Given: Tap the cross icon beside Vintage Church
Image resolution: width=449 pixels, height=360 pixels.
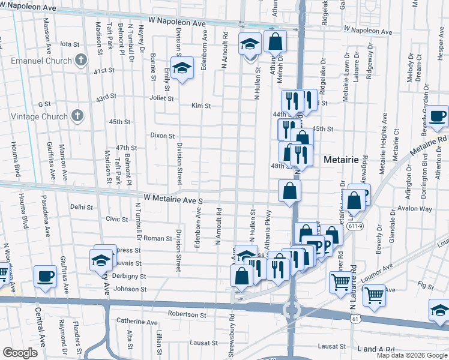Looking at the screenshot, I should pos(76,115).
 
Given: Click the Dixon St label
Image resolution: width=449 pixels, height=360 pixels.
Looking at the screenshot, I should pos(162,136).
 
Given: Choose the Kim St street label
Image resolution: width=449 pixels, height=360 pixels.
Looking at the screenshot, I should pos(201,106).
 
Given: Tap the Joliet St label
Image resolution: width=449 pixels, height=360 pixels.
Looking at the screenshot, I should pos(161,98).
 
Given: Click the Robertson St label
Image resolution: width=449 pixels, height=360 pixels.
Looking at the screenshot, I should pos(187,314).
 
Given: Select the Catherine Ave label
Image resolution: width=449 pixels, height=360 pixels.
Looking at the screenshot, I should pos(136,322).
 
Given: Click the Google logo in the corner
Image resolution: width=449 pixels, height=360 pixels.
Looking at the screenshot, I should pos(20,353).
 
